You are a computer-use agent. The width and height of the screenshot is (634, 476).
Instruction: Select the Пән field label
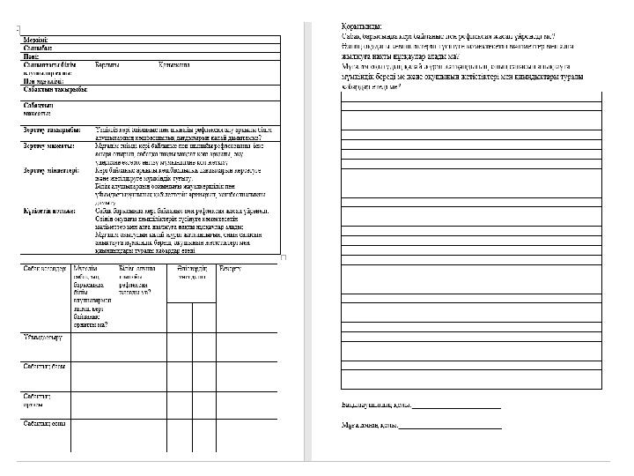coord(31,57)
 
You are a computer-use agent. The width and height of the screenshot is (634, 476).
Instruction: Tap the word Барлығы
coord(107,65)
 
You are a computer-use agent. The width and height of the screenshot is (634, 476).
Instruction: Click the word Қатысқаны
coord(174,65)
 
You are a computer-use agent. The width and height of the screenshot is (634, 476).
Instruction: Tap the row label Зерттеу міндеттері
coord(52,169)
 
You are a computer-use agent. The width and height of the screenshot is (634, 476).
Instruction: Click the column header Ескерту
coord(230,267)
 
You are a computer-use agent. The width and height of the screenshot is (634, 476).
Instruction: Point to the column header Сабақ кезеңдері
coord(45,267)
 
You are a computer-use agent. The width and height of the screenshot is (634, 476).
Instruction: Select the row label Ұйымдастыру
coord(41,337)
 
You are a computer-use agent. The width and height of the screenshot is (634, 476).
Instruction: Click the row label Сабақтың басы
coord(44,366)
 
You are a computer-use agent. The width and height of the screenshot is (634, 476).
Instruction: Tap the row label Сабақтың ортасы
coord(39,399)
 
